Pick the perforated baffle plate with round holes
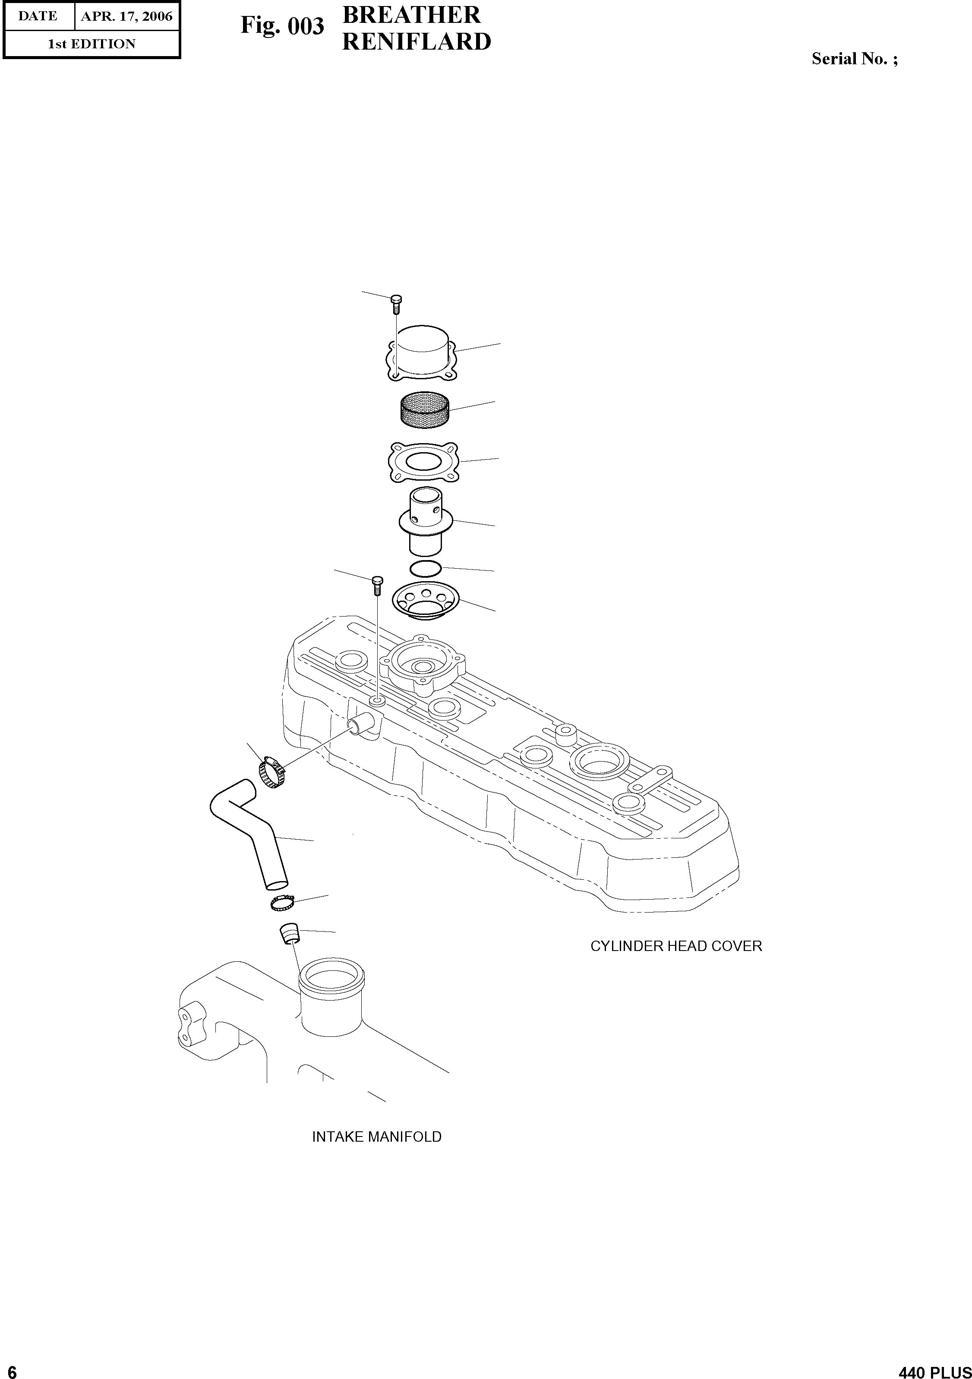(425, 601)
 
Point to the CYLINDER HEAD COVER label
(676, 946)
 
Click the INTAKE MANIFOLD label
(377, 1137)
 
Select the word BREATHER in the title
(411, 15)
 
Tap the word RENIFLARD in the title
(417, 42)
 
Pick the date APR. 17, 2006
(127, 16)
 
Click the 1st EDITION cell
(92, 44)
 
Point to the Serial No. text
(854, 59)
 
